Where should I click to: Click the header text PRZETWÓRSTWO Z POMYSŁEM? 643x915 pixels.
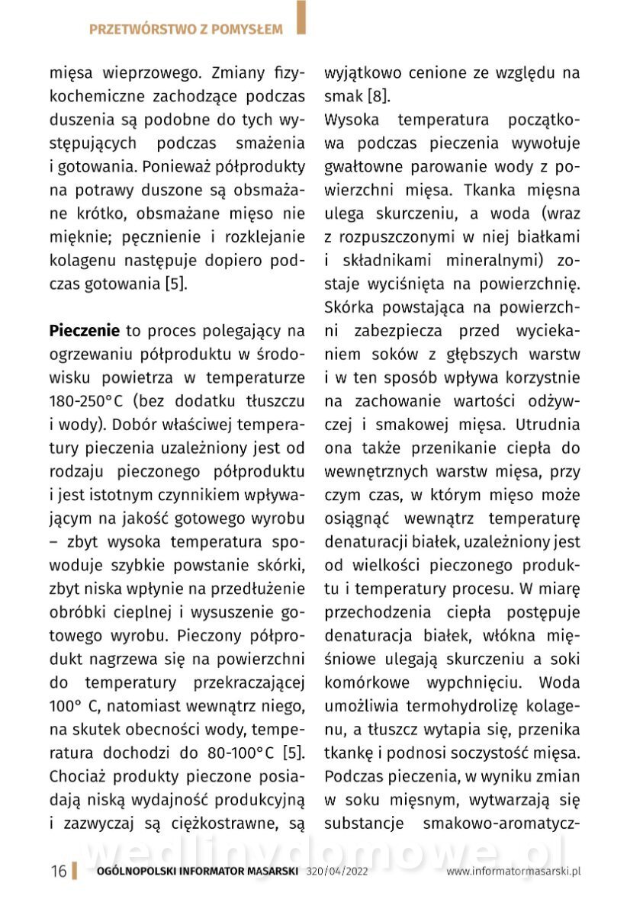[x=185, y=30]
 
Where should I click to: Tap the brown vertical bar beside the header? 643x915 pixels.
[x=301, y=17]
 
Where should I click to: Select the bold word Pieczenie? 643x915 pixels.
[x=85, y=331]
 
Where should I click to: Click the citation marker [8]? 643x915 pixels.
[x=379, y=97]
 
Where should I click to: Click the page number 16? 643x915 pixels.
[x=58, y=872]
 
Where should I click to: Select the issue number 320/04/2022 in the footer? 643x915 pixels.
[x=343, y=872]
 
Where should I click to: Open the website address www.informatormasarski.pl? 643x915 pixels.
[x=514, y=872]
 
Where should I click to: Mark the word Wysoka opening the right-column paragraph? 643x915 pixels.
[x=352, y=120]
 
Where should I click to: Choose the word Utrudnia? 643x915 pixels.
[x=547, y=425]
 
